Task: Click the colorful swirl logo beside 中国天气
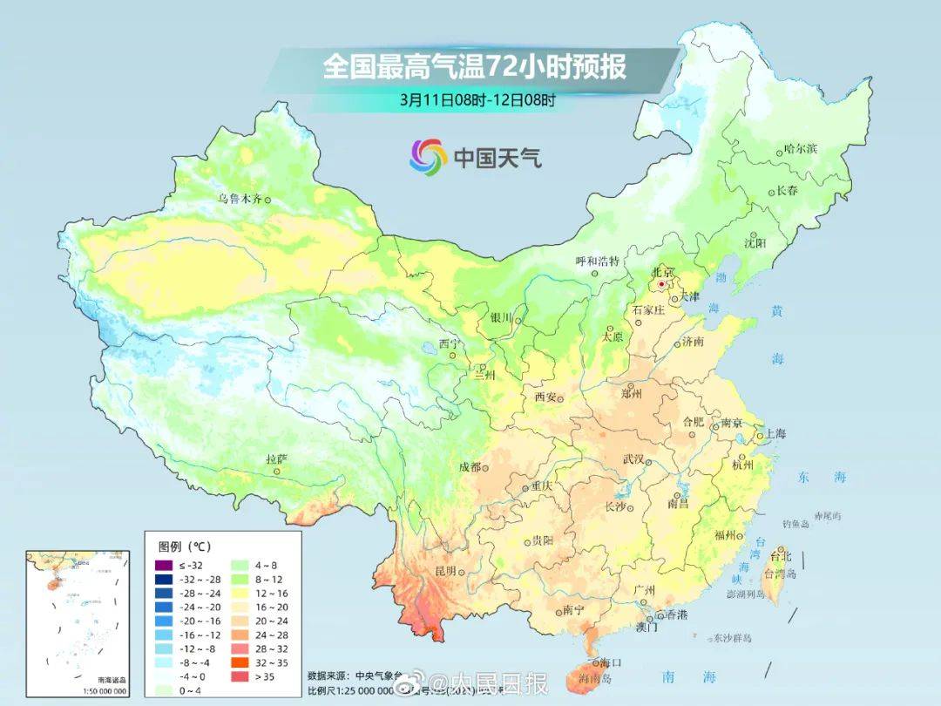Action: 429,157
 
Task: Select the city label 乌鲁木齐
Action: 240,199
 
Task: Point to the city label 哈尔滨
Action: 801,149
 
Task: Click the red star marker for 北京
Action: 662,284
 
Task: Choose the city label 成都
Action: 469,467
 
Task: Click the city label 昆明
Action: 445,571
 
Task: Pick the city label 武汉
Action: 633,459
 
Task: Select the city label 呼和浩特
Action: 597,261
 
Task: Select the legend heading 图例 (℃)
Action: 184,546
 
